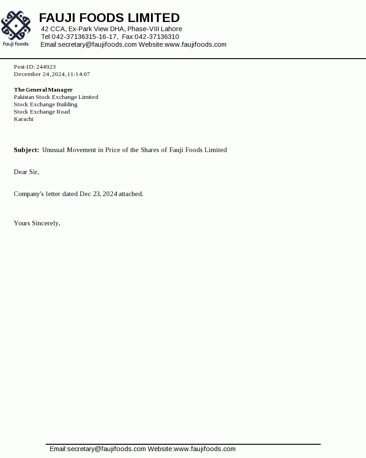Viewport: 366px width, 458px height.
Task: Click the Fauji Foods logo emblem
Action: click(16, 26)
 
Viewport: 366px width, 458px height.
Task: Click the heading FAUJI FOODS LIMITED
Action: click(109, 18)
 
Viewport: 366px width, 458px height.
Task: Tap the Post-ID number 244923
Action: click(46, 67)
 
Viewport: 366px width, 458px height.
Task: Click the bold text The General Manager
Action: click(43, 90)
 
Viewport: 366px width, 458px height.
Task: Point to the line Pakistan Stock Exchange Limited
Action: click(56, 97)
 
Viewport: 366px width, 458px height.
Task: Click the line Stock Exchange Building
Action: click(45, 104)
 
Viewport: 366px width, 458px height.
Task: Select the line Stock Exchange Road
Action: click(42, 112)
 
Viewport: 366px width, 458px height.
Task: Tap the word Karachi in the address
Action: click(23, 119)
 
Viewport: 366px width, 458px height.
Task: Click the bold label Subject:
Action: click(26, 150)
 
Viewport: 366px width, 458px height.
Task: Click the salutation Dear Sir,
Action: click(27, 172)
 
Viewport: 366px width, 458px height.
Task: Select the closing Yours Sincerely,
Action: click(37, 223)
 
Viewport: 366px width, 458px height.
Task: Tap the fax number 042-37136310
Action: click(156, 37)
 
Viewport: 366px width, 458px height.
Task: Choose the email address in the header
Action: click(97, 44)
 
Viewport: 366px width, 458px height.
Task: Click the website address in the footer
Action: click(205, 449)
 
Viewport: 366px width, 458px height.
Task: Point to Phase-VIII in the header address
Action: click(143, 29)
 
